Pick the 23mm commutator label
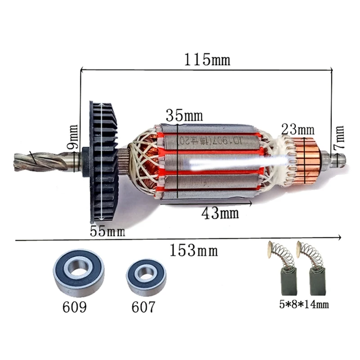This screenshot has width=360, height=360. click(297, 129)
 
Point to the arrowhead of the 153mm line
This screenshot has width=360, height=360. click(340, 238)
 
